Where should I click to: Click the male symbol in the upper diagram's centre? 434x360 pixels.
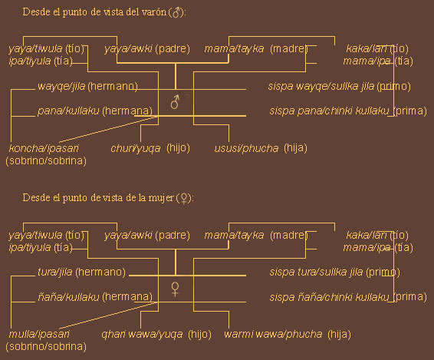[x=175, y=101]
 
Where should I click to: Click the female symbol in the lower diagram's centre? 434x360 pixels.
[x=175, y=289]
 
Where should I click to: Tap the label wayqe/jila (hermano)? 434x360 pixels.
[x=87, y=87]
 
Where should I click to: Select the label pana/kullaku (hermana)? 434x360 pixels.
[x=95, y=111]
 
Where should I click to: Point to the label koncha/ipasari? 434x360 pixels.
[x=44, y=148]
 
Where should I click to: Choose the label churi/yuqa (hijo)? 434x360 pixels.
[x=150, y=148]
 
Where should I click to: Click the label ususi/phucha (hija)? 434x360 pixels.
[x=261, y=148]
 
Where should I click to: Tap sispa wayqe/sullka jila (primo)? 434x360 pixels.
[x=340, y=87]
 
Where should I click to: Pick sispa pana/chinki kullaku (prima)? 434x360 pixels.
[x=348, y=111]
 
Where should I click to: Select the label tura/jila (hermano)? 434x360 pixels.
[x=81, y=272]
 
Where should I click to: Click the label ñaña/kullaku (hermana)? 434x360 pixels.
[x=95, y=297]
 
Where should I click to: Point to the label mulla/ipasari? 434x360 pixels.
[x=39, y=334]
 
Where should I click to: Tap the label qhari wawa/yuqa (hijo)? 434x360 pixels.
[x=156, y=334]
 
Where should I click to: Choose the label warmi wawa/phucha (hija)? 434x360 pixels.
[x=288, y=334]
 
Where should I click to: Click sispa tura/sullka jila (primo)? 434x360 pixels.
[x=334, y=272]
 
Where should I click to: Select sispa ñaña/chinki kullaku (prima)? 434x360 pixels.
[x=348, y=297]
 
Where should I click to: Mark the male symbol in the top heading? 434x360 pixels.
[x=176, y=12]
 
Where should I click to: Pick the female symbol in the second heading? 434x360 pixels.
[x=184, y=199]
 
